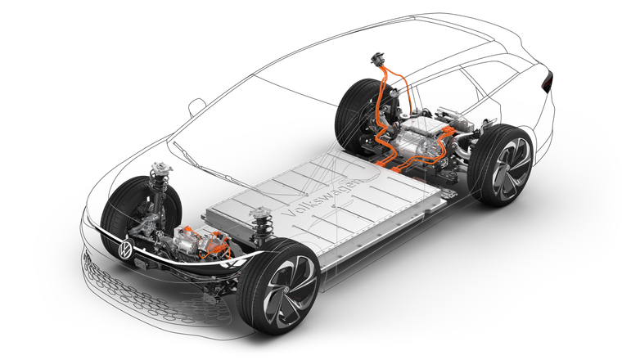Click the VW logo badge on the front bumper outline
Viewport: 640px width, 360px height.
[125, 249]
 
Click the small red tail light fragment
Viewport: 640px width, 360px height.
[548, 80]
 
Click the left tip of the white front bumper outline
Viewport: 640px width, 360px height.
[86, 200]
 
